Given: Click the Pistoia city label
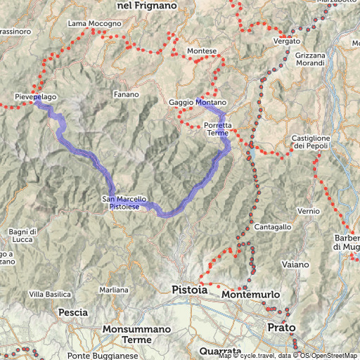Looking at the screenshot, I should [x=189, y=289].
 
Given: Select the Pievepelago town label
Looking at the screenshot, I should [x=36, y=95].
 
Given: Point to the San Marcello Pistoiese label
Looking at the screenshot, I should [x=125, y=202].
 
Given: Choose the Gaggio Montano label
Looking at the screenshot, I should [x=198, y=103].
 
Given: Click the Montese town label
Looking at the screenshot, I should [x=202, y=51].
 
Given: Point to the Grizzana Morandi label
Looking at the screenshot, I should [x=311, y=59].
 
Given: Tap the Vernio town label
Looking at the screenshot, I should [x=309, y=211].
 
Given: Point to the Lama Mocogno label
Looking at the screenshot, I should [x=94, y=24].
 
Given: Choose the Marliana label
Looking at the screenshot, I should [x=114, y=290].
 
